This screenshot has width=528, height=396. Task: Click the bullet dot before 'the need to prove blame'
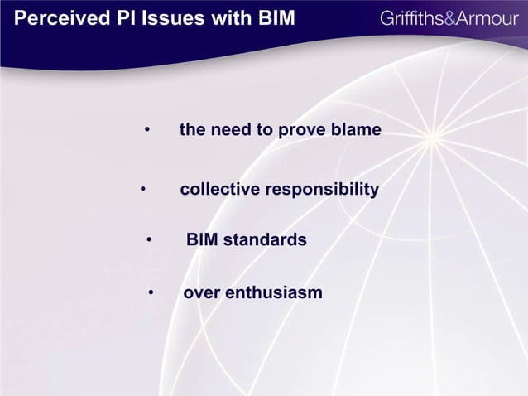coord(146,131)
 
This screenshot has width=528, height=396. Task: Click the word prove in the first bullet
coord(303,131)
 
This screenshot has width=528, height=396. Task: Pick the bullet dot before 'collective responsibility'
coord(143,191)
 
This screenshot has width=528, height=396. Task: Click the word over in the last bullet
coord(201,293)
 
